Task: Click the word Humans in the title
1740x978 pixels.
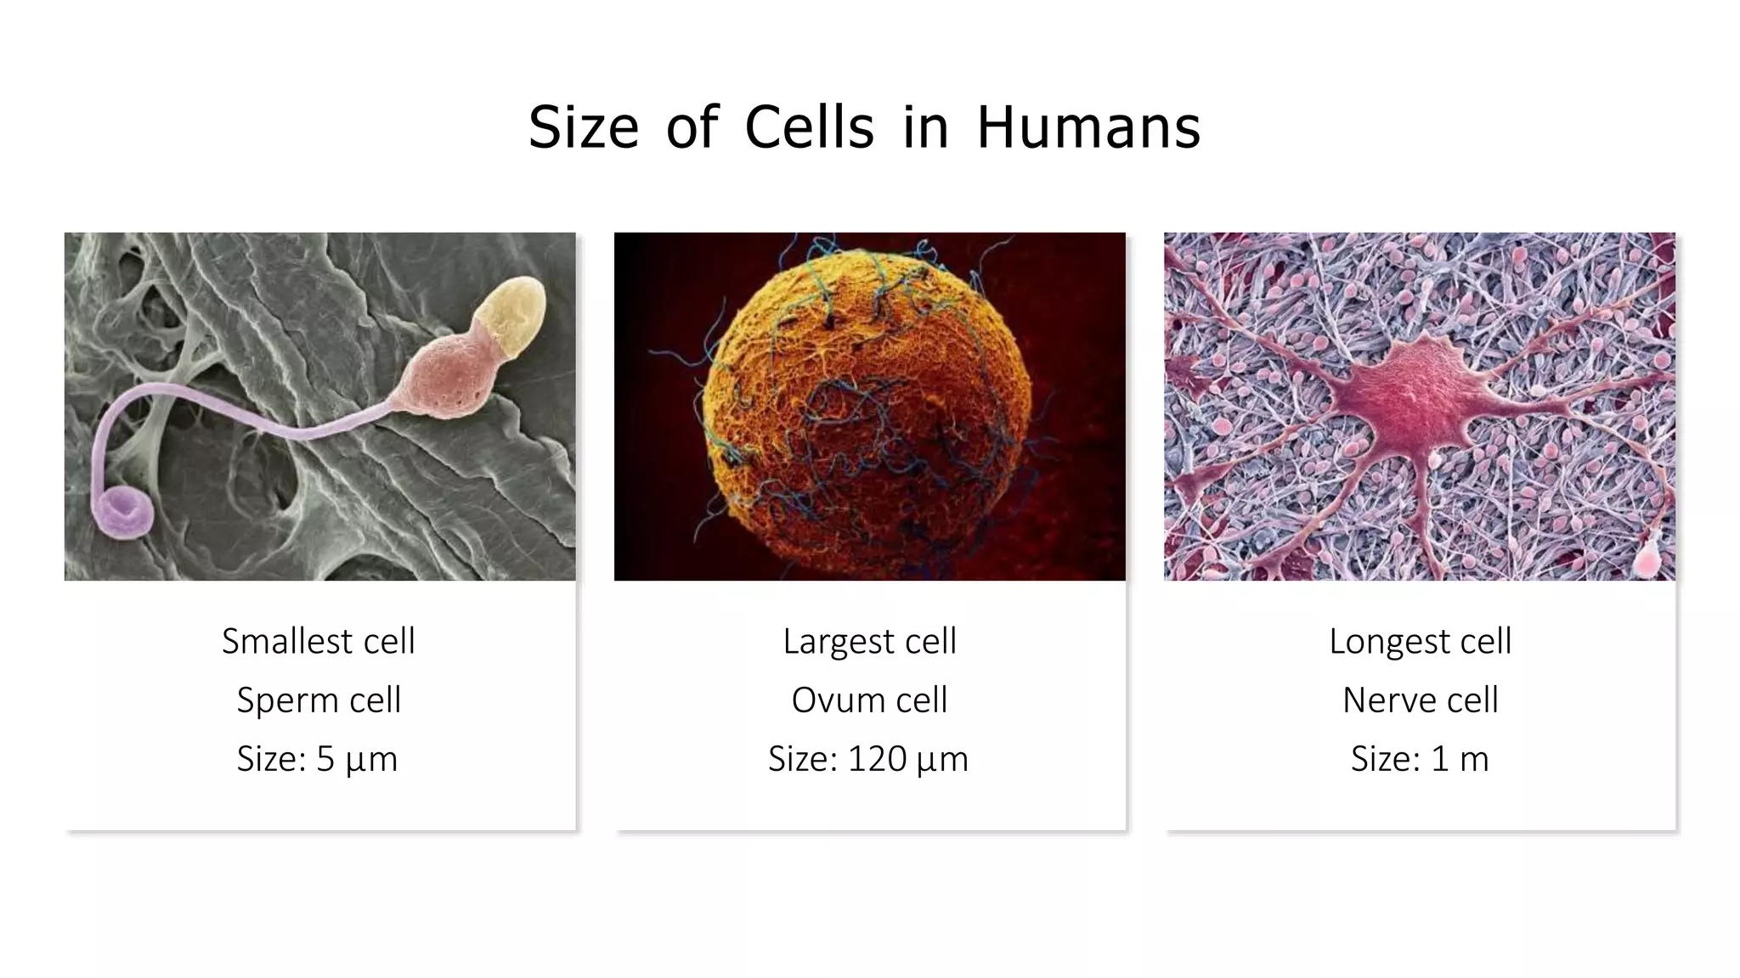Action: coord(1088,128)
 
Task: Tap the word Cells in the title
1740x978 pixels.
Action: coord(809,128)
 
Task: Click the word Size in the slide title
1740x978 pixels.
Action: coord(583,128)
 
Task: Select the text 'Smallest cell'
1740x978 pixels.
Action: coord(319,641)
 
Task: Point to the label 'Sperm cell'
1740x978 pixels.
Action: coord(319,700)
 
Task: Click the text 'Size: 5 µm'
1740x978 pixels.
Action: coord(317,759)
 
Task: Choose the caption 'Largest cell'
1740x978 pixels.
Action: coord(869,641)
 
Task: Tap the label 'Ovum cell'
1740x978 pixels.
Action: coord(869,700)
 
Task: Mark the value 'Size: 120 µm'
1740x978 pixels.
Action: coord(868,759)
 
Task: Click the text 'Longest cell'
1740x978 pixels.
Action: coord(1420,641)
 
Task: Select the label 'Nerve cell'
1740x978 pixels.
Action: coord(1420,700)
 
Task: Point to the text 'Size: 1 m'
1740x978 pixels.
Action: coord(1420,759)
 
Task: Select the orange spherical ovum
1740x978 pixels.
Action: coord(867,407)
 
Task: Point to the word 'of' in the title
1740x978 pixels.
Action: coord(692,128)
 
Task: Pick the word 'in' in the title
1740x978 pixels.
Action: coord(925,128)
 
